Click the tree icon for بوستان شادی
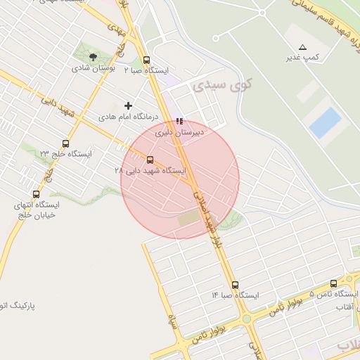pos(94,57)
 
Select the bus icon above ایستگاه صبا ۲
pos(146,60)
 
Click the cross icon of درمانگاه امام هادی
pos(128,105)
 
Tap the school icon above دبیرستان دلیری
pos(179,121)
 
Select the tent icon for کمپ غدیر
pos(302,46)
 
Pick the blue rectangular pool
pos(325,122)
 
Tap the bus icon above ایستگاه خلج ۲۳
pos(65,143)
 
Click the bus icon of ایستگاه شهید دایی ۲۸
pos(149,160)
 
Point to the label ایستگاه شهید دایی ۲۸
pos(150,171)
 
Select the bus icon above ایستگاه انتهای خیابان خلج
pos(36,194)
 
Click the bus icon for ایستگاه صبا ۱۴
pos(235,285)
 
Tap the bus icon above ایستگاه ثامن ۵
pos(333,283)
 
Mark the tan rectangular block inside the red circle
pos(188,219)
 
